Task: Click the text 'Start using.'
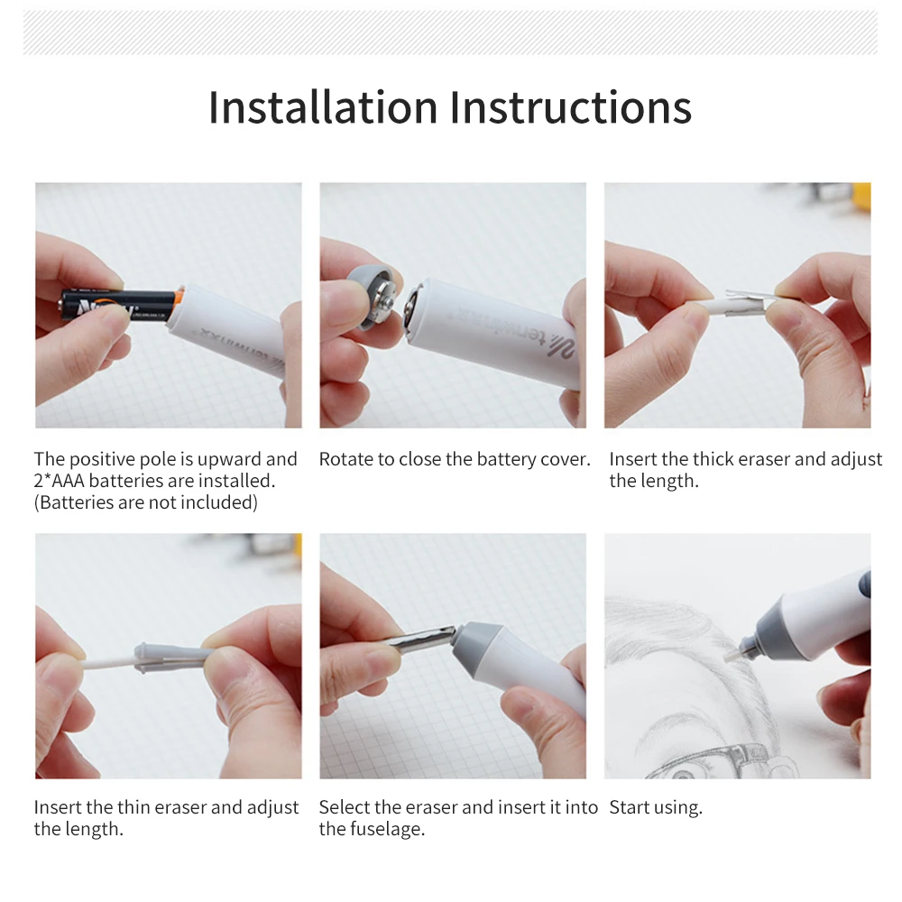[x=656, y=807]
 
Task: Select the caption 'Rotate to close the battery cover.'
[x=455, y=459]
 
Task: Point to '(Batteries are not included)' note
[x=145, y=502]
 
